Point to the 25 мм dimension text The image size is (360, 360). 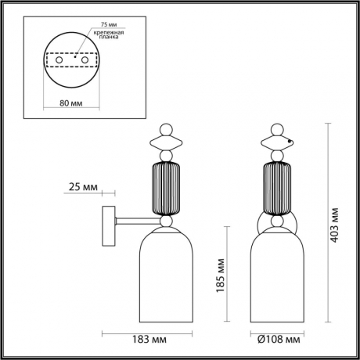pyautogui.click(x=84, y=188)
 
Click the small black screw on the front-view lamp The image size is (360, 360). pyautogui.click(x=290, y=141)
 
